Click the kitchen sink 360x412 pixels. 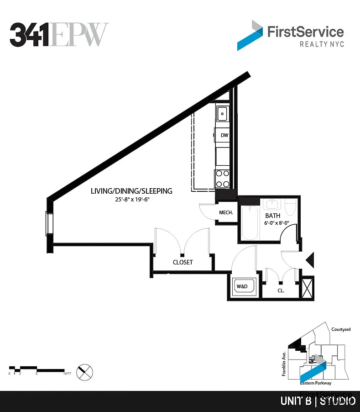click(x=222, y=113)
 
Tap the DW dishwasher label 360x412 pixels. click(x=224, y=135)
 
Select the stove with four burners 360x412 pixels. click(x=222, y=178)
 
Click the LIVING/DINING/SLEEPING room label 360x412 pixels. click(x=131, y=191)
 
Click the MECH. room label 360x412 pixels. click(x=226, y=212)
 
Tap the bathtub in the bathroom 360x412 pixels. click(x=250, y=223)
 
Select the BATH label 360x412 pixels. click(x=273, y=215)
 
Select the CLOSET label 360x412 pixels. click(x=183, y=262)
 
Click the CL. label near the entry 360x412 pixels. click(x=282, y=290)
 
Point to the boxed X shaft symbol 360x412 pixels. click(x=308, y=287)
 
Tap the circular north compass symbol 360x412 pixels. click(x=84, y=371)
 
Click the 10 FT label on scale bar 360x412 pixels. click(x=67, y=374)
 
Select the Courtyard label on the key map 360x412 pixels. click(x=341, y=329)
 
